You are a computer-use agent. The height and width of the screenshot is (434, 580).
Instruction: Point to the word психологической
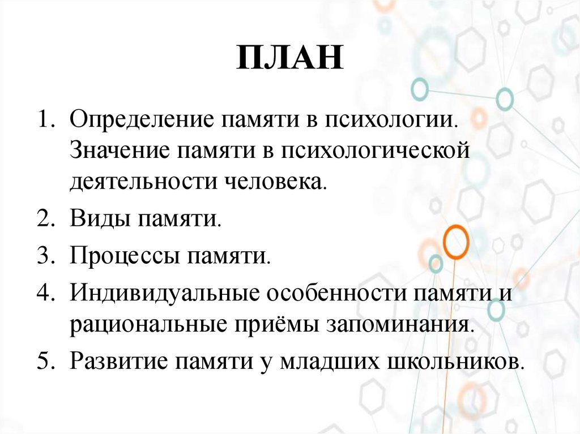(372, 151)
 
